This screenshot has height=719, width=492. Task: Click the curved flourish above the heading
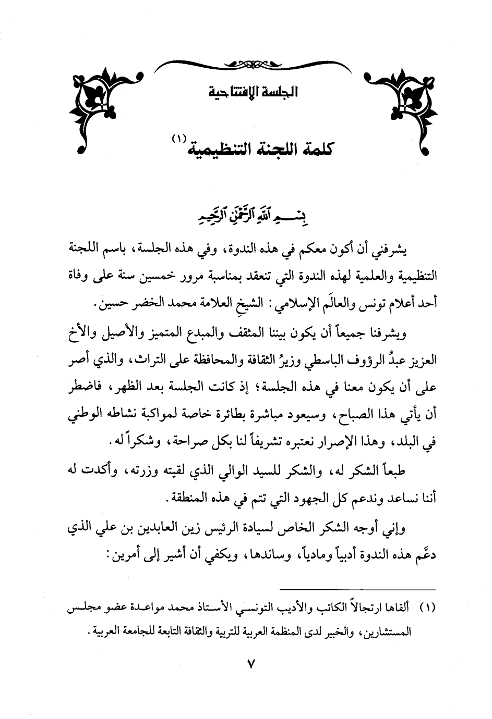[246, 65]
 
